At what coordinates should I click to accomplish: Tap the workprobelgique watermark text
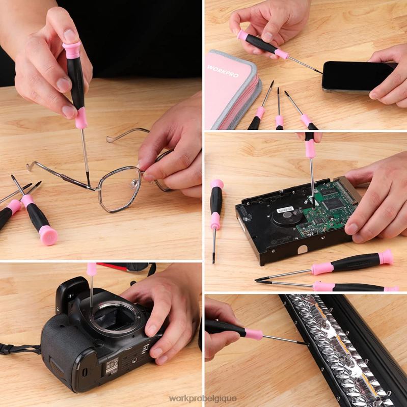203,398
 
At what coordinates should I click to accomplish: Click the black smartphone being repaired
357,76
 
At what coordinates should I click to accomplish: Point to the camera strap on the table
20,349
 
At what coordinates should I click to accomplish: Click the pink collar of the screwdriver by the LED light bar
253,334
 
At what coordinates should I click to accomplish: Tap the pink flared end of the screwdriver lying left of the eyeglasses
48,235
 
